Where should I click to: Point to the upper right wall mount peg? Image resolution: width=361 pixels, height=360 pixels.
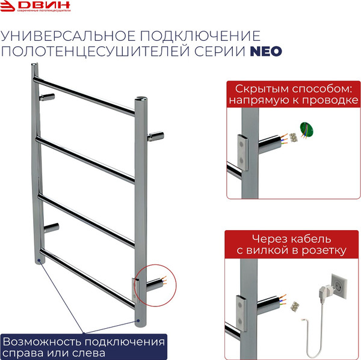(158, 136)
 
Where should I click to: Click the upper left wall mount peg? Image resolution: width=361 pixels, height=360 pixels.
(48, 97)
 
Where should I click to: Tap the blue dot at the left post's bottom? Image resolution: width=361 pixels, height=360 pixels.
(39, 261)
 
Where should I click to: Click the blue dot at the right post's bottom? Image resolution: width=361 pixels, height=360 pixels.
(138, 320)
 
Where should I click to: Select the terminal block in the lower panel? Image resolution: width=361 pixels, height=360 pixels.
(294, 307)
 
